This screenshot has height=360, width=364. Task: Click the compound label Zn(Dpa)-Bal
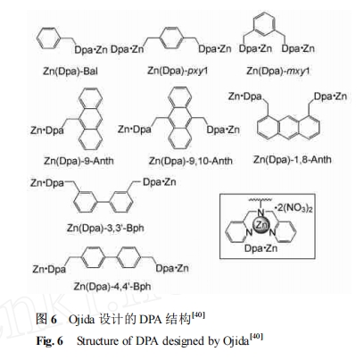[x=70, y=71]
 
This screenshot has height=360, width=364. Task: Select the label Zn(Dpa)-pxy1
[x=178, y=71]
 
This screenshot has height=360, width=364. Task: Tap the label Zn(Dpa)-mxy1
[x=278, y=71]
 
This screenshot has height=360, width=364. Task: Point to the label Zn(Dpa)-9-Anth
[x=79, y=161]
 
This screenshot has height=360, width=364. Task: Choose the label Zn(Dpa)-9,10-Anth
[x=191, y=161]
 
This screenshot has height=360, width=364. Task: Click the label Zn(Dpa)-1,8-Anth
[x=293, y=160]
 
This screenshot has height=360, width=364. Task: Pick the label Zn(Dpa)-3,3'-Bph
[x=105, y=228]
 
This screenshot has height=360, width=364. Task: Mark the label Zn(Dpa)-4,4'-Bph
[x=112, y=287]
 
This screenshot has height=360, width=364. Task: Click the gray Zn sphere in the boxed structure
[x=261, y=226]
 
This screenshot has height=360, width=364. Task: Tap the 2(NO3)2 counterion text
[x=294, y=208]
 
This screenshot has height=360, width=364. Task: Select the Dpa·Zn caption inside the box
[x=261, y=248]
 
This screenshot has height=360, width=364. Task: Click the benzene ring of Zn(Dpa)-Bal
[x=48, y=38]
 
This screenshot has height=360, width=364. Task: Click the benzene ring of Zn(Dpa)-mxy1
[x=265, y=22]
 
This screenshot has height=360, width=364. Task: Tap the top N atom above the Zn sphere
[x=261, y=213]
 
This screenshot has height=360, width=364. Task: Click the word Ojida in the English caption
[x=236, y=341]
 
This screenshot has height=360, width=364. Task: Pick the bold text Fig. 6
[x=50, y=340]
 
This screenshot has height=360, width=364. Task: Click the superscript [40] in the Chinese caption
[x=198, y=315]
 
